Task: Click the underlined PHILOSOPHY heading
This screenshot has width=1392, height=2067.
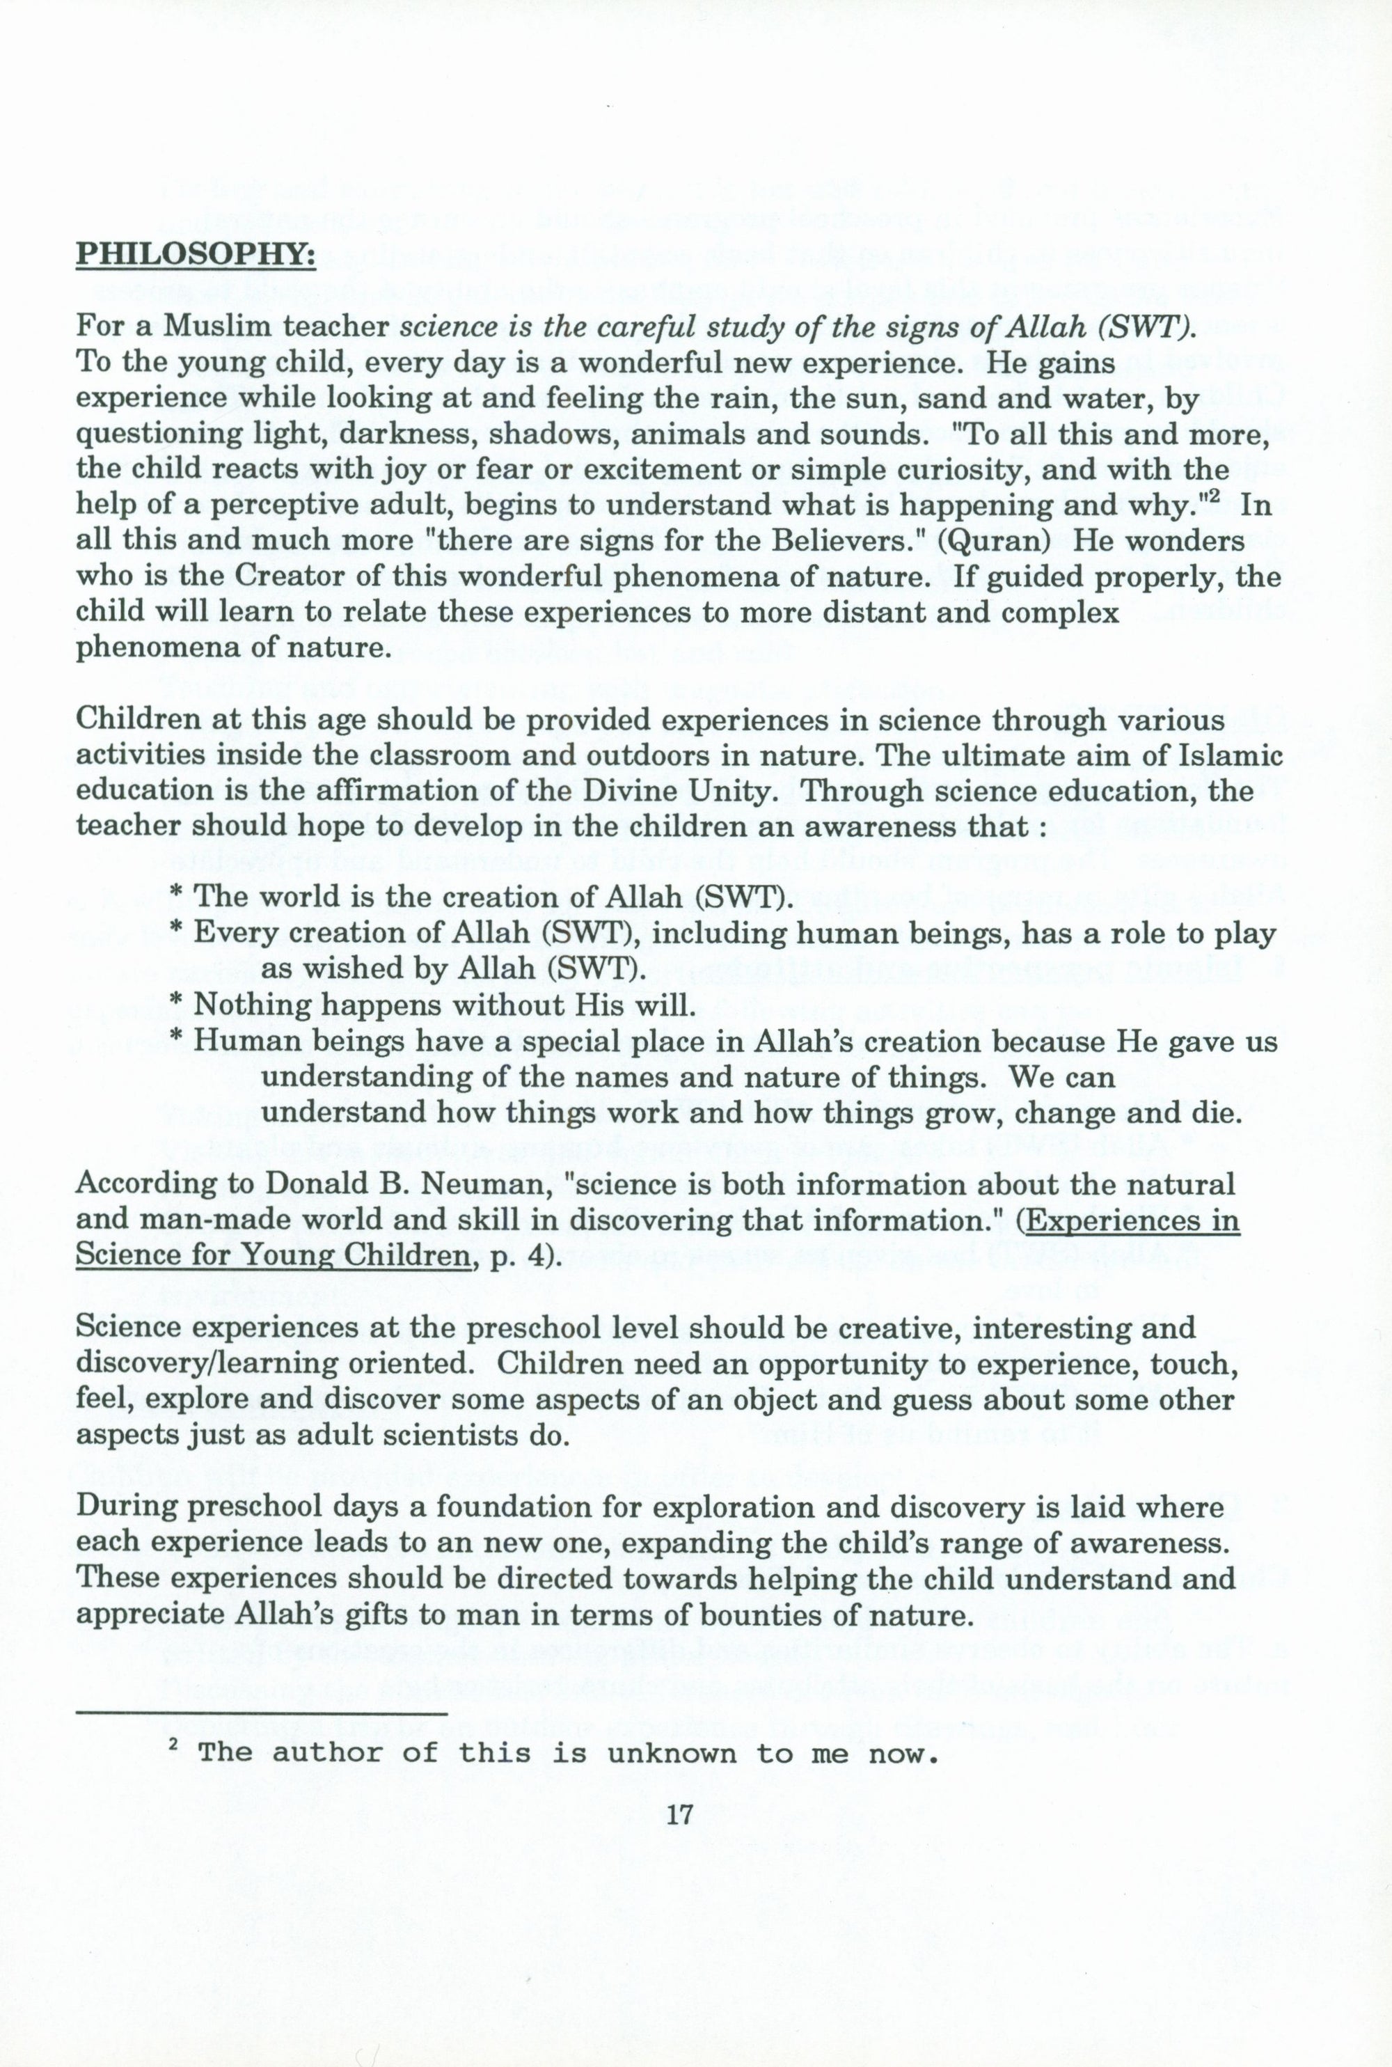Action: pos(196,256)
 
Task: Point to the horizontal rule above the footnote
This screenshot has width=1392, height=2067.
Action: pos(262,1712)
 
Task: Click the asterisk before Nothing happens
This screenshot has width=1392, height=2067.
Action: pos(176,1007)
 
